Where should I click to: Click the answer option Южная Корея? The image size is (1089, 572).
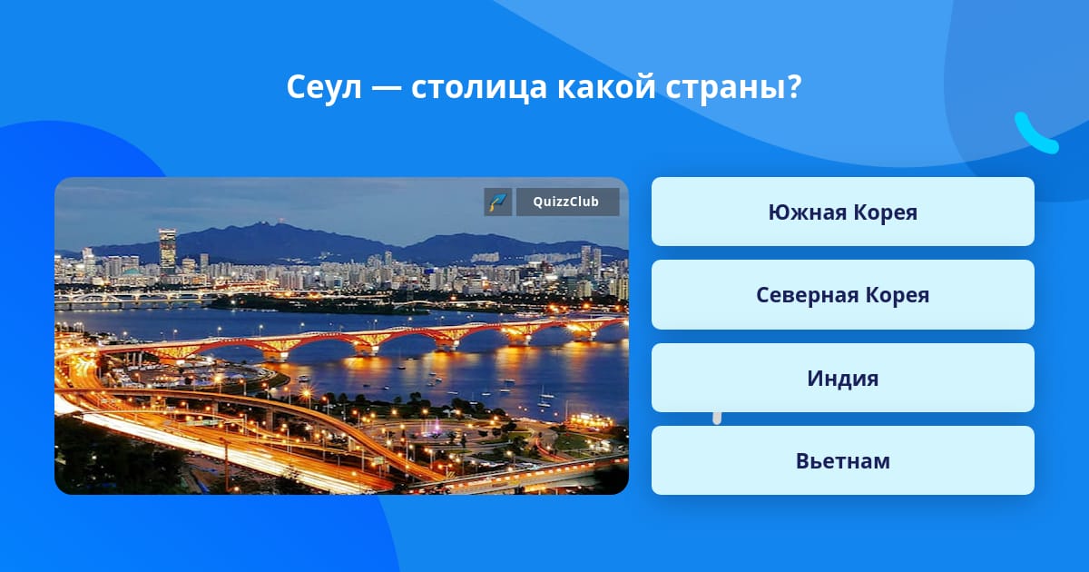click(x=842, y=212)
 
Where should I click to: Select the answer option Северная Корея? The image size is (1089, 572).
click(x=842, y=295)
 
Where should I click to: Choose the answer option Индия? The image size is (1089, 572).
click(x=842, y=378)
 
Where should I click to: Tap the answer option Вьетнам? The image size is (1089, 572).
click(x=842, y=460)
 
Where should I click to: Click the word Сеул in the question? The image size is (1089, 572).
click(x=324, y=87)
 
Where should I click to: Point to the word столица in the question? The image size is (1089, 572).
click(x=479, y=87)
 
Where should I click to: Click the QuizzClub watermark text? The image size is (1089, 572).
click(x=566, y=202)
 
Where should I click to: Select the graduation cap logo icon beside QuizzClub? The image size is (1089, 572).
click(x=498, y=202)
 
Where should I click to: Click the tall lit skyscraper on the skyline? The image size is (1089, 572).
click(x=167, y=252)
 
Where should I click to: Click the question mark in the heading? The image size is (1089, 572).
click(x=794, y=86)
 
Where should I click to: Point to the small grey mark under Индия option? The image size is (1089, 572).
click(x=717, y=419)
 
